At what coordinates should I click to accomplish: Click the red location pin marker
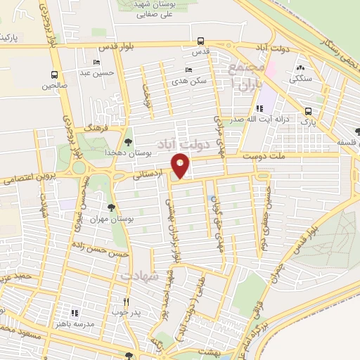(181, 165)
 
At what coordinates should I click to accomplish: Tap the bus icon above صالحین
(54, 75)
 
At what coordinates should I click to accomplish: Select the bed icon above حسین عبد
(96, 63)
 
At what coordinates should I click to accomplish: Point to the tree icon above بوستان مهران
(111, 207)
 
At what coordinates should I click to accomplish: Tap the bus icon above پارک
(308, 111)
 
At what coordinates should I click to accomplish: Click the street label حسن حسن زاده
(99, 247)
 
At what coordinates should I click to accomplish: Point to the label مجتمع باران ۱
(244, 78)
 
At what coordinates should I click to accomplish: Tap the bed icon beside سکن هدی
(188, 70)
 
